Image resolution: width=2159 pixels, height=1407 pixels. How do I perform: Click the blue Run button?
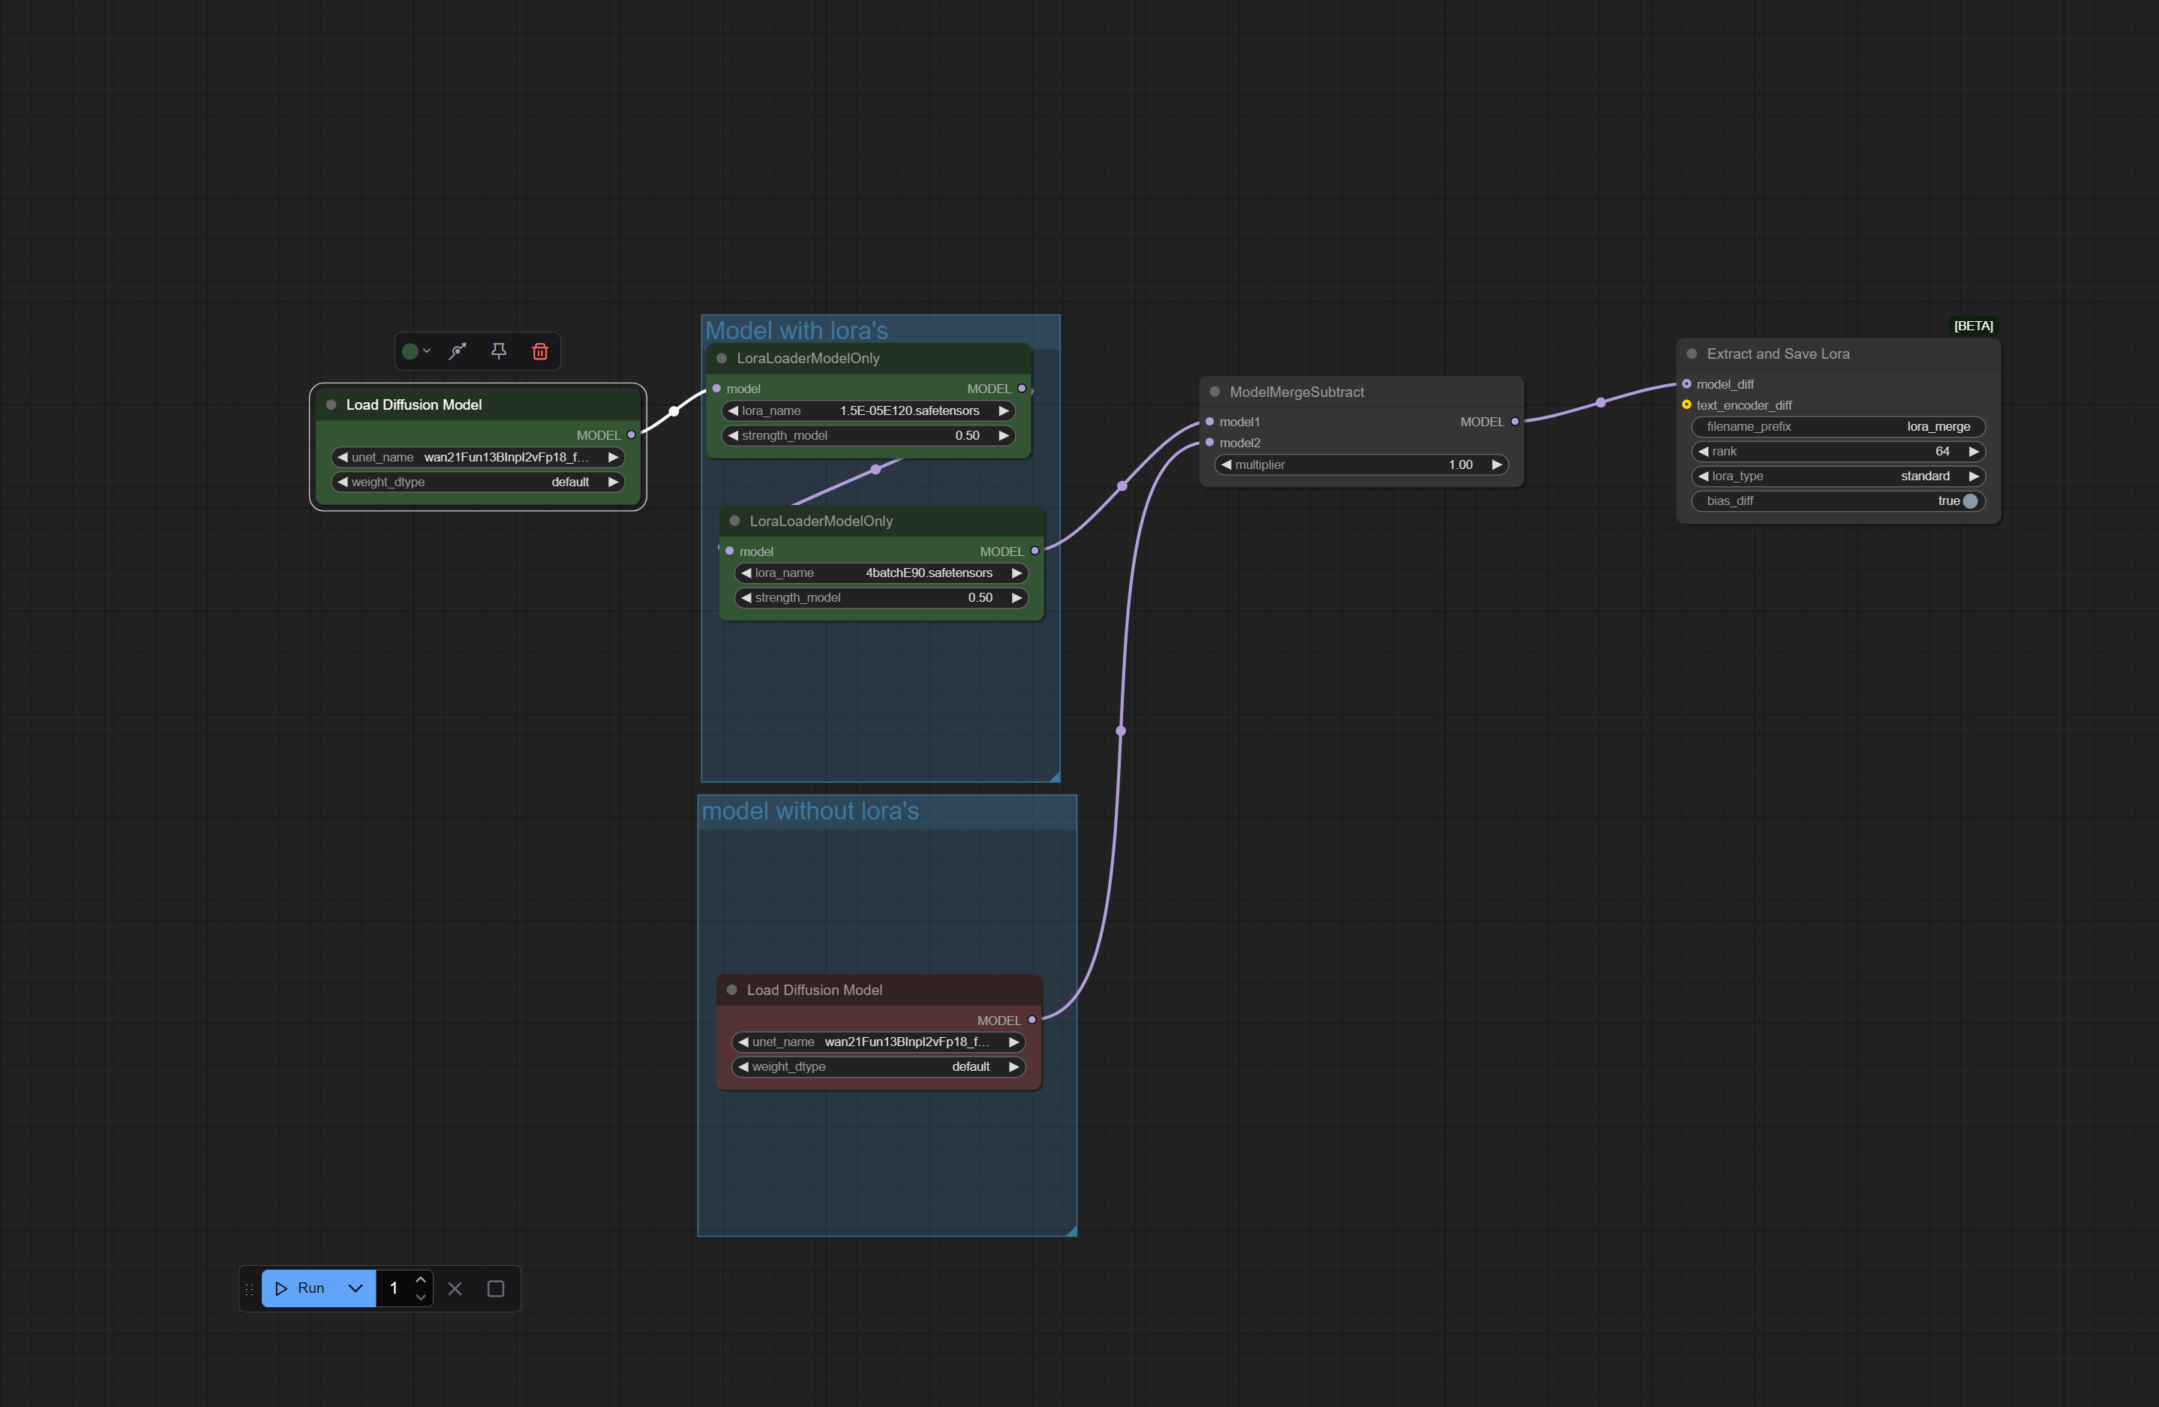[300, 1288]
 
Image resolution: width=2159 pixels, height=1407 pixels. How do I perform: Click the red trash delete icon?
[540, 351]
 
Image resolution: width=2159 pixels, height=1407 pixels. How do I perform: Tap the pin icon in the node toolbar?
[498, 351]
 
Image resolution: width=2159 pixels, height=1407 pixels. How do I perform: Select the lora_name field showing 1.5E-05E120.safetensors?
[868, 411]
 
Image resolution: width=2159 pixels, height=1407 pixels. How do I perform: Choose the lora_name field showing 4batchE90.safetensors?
[881, 573]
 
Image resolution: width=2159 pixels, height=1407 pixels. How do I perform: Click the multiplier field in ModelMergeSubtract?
[1361, 464]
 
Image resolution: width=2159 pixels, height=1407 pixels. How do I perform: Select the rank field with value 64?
[1838, 452]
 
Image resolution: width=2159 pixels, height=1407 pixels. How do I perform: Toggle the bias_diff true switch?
[1969, 501]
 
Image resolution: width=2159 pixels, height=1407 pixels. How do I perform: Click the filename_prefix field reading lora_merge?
[1838, 427]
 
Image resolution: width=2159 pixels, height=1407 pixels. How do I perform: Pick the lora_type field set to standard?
[1838, 477]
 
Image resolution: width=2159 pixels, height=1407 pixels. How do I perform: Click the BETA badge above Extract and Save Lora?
[1973, 326]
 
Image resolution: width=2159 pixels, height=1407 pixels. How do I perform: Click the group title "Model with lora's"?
[797, 330]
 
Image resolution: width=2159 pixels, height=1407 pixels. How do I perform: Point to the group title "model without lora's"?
[810, 811]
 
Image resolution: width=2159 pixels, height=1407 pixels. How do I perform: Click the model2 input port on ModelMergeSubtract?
[1209, 443]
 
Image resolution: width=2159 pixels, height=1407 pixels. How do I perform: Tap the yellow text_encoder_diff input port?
[1686, 404]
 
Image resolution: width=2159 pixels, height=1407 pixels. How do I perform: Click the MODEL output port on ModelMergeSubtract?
[1515, 422]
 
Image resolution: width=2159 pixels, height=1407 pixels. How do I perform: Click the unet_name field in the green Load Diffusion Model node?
[477, 457]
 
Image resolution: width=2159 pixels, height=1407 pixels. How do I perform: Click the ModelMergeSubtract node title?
[1296, 392]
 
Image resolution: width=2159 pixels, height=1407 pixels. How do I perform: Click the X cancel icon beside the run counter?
[455, 1288]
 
